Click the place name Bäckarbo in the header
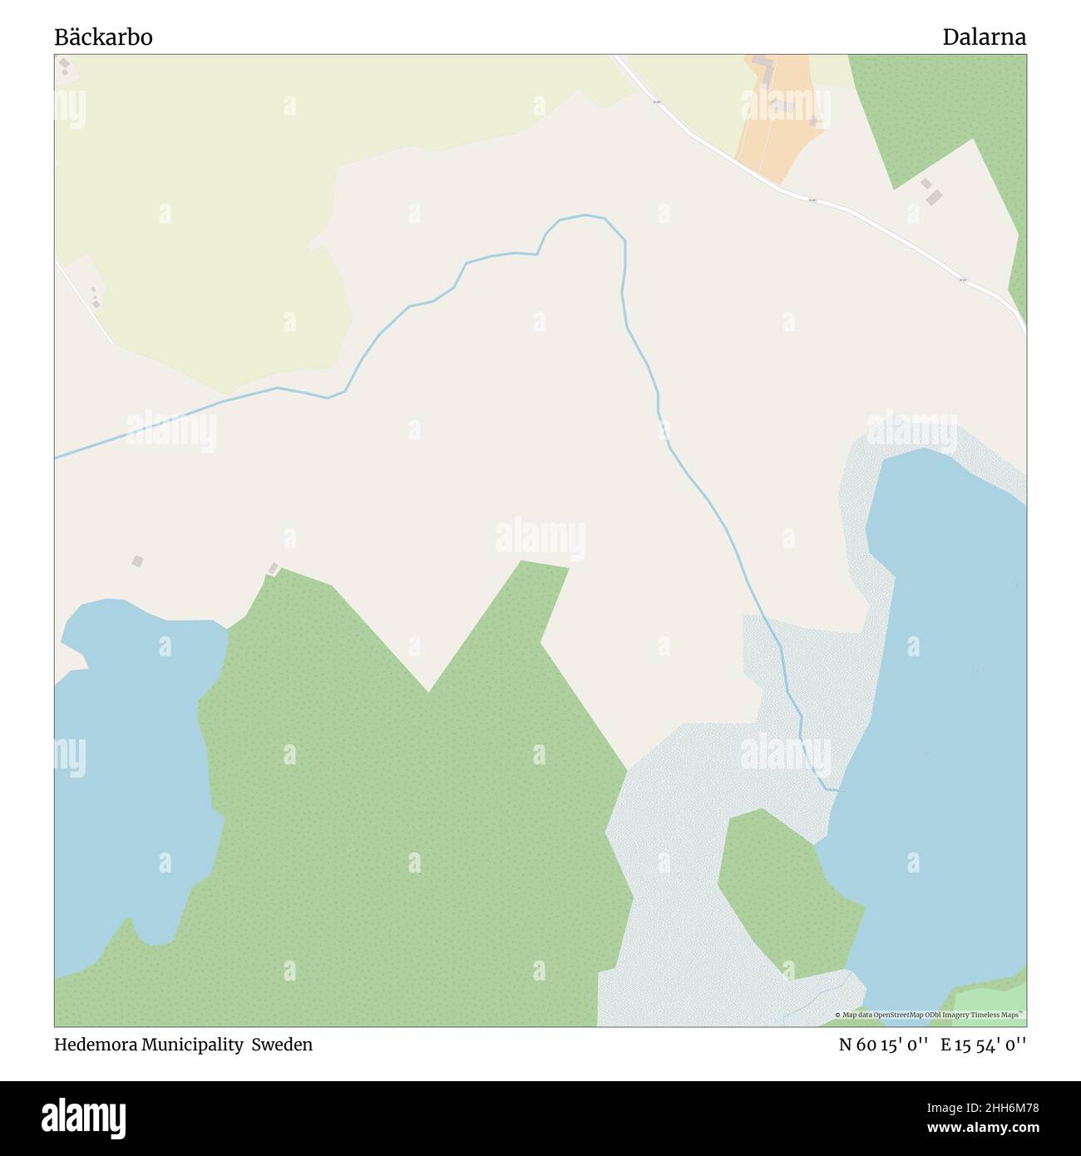pos(103,37)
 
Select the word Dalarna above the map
pos(984,37)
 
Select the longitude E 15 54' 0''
pos(983,1045)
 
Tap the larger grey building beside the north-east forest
pos(935,198)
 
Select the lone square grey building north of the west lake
pos(137,562)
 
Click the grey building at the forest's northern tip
pos(273,569)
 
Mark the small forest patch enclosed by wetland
pos(786,890)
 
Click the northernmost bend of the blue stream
pos(586,215)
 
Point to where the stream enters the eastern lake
pos(836,789)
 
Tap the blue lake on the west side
pos(133,773)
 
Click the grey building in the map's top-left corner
pos(64,64)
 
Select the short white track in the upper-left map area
pos(83,301)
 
